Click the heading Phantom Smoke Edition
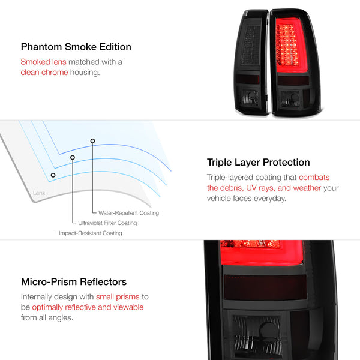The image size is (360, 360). [76, 47]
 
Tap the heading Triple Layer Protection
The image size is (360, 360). [258, 162]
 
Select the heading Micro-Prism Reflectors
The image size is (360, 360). [73, 281]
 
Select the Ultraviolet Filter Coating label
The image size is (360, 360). [107, 223]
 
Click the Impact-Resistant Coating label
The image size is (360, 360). [90, 233]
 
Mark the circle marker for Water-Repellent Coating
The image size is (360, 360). [92, 140]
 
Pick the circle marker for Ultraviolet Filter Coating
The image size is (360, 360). [73, 157]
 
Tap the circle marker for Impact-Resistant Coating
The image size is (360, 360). [53, 175]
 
